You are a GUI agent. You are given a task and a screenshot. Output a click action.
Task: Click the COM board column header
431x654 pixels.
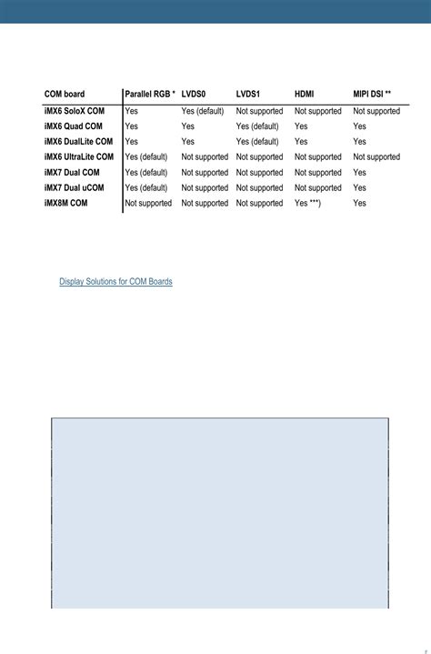pos(65,95)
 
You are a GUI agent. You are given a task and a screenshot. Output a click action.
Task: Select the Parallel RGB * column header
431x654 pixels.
pos(150,95)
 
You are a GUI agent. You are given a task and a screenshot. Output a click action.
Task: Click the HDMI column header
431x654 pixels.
pos(305,95)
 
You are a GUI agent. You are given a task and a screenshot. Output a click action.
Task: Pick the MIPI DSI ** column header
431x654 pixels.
pos(372,95)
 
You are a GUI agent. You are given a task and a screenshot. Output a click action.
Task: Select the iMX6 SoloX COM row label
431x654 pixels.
pos(74,111)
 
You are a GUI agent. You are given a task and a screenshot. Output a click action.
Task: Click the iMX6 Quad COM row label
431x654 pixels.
pos(74,126)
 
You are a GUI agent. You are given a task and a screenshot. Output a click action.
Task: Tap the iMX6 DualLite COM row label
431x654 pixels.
pos(78,142)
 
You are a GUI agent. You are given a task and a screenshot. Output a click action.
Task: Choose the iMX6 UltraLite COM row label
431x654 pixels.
pos(79,157)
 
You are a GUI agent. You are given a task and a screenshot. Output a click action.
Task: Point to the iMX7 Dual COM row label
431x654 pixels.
pos(72,173)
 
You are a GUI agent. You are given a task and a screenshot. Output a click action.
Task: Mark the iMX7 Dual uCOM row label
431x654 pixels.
pos(75,188)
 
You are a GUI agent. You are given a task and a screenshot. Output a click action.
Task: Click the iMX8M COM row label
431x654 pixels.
pos(65,204)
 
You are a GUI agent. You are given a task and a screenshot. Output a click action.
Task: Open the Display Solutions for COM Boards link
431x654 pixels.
pos(115,282)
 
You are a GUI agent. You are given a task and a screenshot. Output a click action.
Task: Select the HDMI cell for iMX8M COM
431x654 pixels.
pos(307,204)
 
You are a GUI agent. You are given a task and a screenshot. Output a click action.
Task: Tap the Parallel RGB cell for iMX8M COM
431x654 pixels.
pos(148,204)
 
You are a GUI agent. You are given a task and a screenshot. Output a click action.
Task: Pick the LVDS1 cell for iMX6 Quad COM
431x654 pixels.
pos(257,126)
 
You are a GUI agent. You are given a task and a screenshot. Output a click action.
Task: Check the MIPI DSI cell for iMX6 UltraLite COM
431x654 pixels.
pos(376,157)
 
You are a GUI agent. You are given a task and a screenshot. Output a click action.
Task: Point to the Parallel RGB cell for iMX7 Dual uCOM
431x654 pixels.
pos(146,188)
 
